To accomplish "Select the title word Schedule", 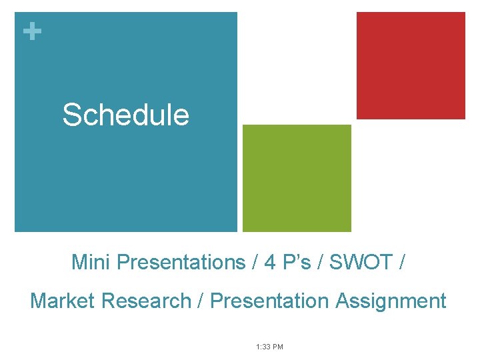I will click(x=126, y=115).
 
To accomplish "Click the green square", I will click(x=297, y=178).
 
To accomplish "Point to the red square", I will click(x=411, y=65).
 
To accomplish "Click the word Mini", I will click(x=91, y=263).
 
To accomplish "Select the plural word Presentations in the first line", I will click(x=181, y=263).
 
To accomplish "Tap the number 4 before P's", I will click(x=270, y=263).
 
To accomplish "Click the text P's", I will click(x=296, y=263).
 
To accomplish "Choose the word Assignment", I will click(x=391, y=301).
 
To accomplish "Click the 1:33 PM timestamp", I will click(x=269, y=347).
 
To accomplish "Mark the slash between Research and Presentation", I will click(x=201, y=301).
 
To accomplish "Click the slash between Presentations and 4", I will click(x=255, y=263).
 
